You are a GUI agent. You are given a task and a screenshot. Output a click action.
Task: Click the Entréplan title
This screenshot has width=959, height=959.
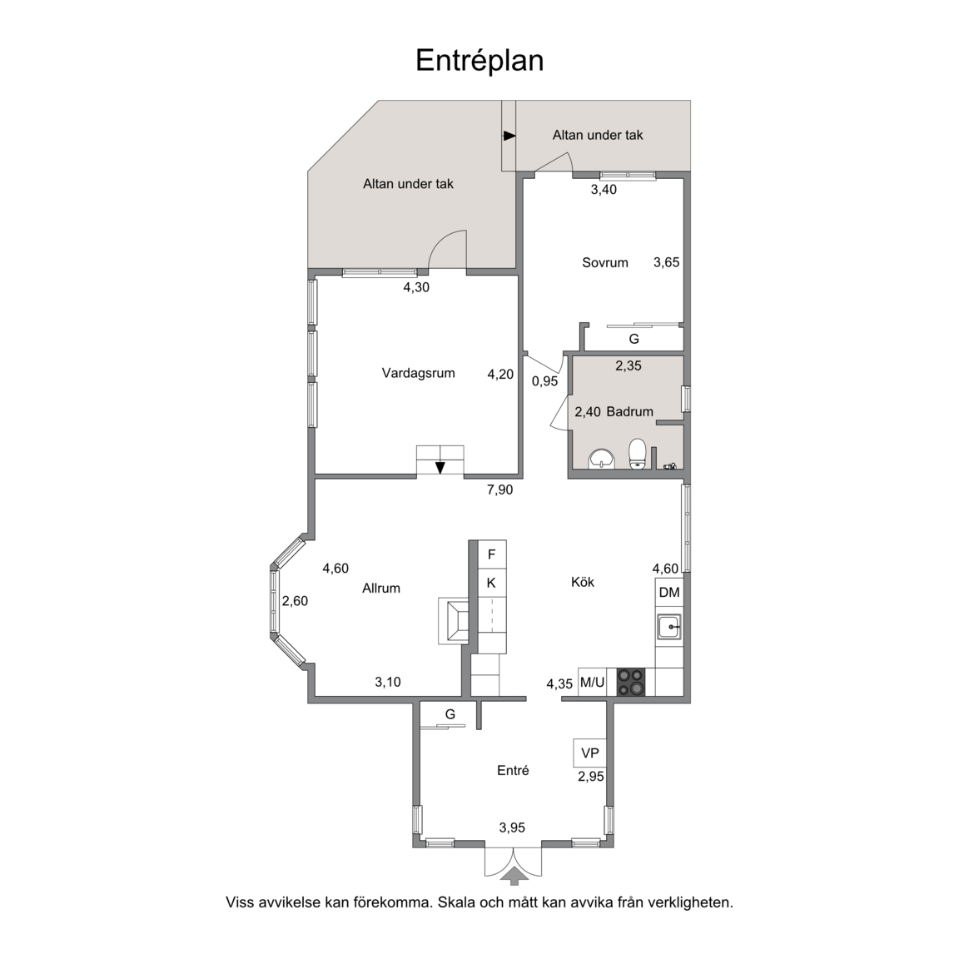click(479, 61)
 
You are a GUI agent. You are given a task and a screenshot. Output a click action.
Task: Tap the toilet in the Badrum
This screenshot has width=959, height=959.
click(638, 453)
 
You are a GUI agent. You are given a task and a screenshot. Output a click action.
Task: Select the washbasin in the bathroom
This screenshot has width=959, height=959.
click(602, 459)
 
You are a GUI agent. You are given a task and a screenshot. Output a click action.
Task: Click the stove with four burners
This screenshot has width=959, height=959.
click(630, 682)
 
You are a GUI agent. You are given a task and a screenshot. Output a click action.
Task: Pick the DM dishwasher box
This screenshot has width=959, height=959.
click(669, 592)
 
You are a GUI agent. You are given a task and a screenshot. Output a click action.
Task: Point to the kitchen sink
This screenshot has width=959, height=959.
click(669, 627)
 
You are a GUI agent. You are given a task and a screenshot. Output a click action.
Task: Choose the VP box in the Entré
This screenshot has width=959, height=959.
click(589, 753)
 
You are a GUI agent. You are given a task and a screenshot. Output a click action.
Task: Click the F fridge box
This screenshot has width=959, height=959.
click(492, 554)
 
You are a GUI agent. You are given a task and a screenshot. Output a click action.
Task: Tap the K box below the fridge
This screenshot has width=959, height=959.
click(492, 584)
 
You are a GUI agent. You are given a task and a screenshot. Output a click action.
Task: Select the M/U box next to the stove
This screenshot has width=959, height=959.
click(592, 682)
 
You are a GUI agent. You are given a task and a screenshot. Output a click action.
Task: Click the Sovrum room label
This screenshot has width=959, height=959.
click(605, 263)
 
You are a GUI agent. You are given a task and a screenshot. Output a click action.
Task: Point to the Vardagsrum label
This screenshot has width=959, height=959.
click(419, 373)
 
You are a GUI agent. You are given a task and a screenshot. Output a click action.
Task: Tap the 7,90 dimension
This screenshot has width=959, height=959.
click(499, 489)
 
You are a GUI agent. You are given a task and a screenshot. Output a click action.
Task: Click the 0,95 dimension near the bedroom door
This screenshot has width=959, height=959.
click(544, 381)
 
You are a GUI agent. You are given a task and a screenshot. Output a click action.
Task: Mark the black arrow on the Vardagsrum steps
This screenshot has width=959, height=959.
click(440, 468)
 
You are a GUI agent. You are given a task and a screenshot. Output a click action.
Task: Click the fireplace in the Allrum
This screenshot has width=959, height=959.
click(454, 621)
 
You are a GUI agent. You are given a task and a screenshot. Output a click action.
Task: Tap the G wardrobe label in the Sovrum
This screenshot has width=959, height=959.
click(634, 339)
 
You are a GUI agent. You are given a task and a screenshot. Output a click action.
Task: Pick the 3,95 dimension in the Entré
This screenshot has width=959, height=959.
click(512, 828)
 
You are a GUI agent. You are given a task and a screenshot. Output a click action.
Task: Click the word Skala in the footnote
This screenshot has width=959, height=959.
click(456, 902)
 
